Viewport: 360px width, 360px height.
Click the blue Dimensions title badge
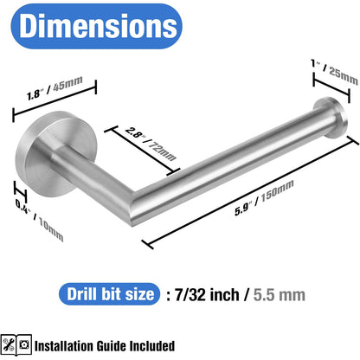pos(96,26)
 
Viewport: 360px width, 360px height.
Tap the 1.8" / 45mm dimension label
pos(55,88)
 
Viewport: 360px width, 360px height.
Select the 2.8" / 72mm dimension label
pos(151,144)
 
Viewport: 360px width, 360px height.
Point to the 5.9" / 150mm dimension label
pos(264,197)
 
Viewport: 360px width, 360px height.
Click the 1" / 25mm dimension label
pos(335,71)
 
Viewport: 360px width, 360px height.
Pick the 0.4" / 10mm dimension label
pos(40,220)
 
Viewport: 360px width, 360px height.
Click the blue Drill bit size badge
pos(109,294)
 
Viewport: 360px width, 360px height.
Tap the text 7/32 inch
pos(207,294)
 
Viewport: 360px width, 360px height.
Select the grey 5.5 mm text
pos(280,295)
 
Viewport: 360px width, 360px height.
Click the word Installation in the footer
pos(64,346)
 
